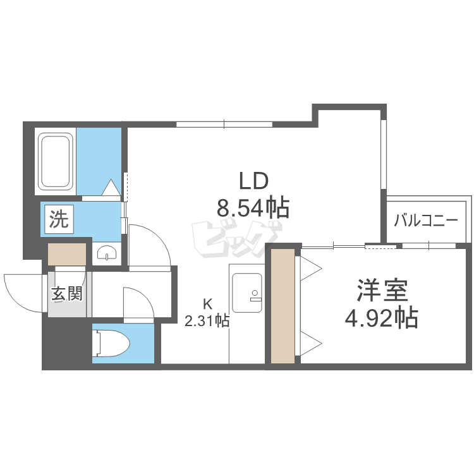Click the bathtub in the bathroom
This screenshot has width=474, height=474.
point(56,162)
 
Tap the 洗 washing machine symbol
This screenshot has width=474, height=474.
point(59,219)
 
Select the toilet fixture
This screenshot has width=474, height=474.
point(111,343)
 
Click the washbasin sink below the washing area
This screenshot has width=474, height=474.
point(106,253)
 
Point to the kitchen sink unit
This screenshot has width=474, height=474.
point(246,293)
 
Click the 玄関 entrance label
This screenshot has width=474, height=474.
point(66,293)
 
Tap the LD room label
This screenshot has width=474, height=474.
point(253,181)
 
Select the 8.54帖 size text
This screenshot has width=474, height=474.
point(253,208)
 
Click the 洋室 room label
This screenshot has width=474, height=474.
point(382,291)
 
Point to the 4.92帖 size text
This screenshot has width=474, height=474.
point(382,318)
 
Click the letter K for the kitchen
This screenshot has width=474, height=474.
point(207,304)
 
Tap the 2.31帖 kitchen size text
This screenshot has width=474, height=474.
point(207,320)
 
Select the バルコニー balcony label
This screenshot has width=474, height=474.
point(425,221)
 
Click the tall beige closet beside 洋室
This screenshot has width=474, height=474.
point(283,306)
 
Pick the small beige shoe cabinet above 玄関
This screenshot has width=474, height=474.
point(67,254)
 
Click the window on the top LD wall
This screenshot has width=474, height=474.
point(224,124)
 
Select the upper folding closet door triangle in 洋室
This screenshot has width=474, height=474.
point(311,269)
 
